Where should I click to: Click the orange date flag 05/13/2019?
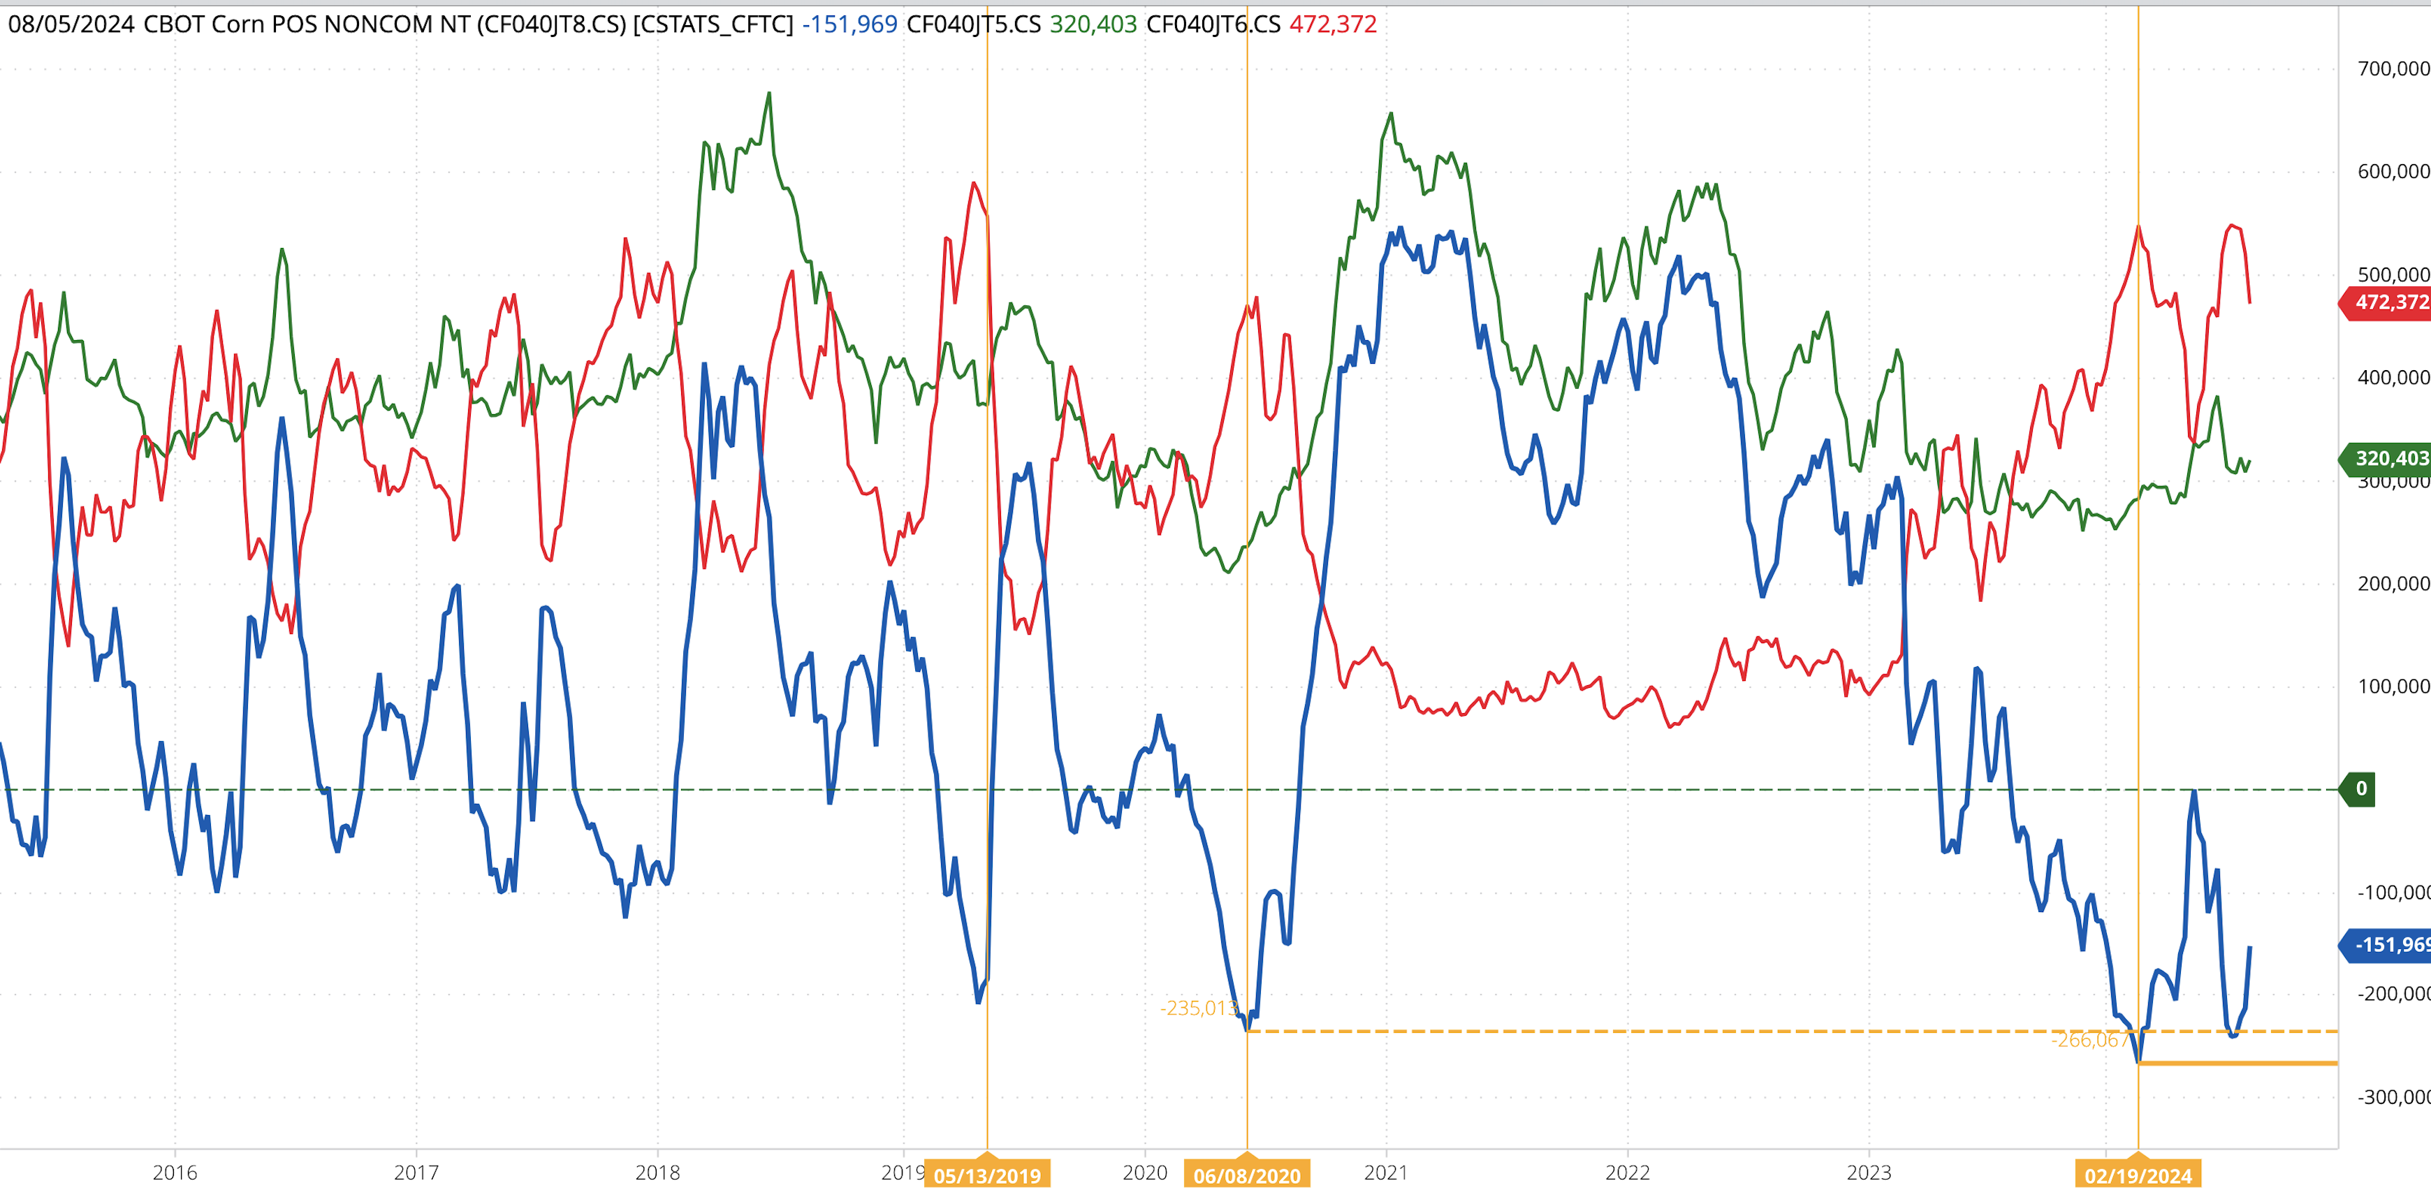tap(987, 1175)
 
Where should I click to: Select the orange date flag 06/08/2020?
tap(1247, 1175)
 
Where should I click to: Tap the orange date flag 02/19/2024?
tap(2138, 1175)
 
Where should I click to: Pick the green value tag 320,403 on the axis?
tap(2388, 459)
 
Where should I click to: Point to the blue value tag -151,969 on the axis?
tap(2388, 945)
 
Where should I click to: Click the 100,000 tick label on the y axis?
tap(2393, 686)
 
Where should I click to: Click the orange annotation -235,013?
tap(1199, 1008)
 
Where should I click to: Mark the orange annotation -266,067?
tap(2089, 1040)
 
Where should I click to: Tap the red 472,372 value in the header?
tap(1333, 24)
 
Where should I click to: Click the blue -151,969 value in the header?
tap(849, 24)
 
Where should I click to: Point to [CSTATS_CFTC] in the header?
tap(713, 24)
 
